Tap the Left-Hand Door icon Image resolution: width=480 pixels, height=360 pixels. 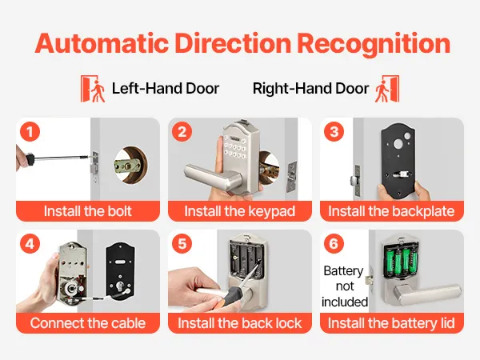click(x=93, y=89)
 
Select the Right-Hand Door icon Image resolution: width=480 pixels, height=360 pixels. click(x=387, y=89)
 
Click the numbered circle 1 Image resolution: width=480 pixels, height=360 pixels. click(x=30, y=132)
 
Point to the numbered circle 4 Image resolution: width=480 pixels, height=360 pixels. click(x=30, y=244)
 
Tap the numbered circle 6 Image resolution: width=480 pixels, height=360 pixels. click(x=334, y=244)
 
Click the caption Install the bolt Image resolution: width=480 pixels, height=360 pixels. click(x=87, y=211)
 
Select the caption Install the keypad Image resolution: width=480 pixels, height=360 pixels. click(x=240, y=211)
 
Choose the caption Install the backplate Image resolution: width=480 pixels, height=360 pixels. click(x=391, y=211)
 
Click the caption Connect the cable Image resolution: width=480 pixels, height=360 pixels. click(x=88, y=323)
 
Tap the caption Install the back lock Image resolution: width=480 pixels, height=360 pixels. click(x=240, y=323)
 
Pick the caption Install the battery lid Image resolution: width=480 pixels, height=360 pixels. click(x=391, y=323)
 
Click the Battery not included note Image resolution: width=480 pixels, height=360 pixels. click(x=344, y=286)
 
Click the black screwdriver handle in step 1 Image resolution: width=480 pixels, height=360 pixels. click(x=29, y=158)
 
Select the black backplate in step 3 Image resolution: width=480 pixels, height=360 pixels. click(x=398, y=161)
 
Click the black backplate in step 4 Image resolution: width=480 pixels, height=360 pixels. click(x=120, y=273)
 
